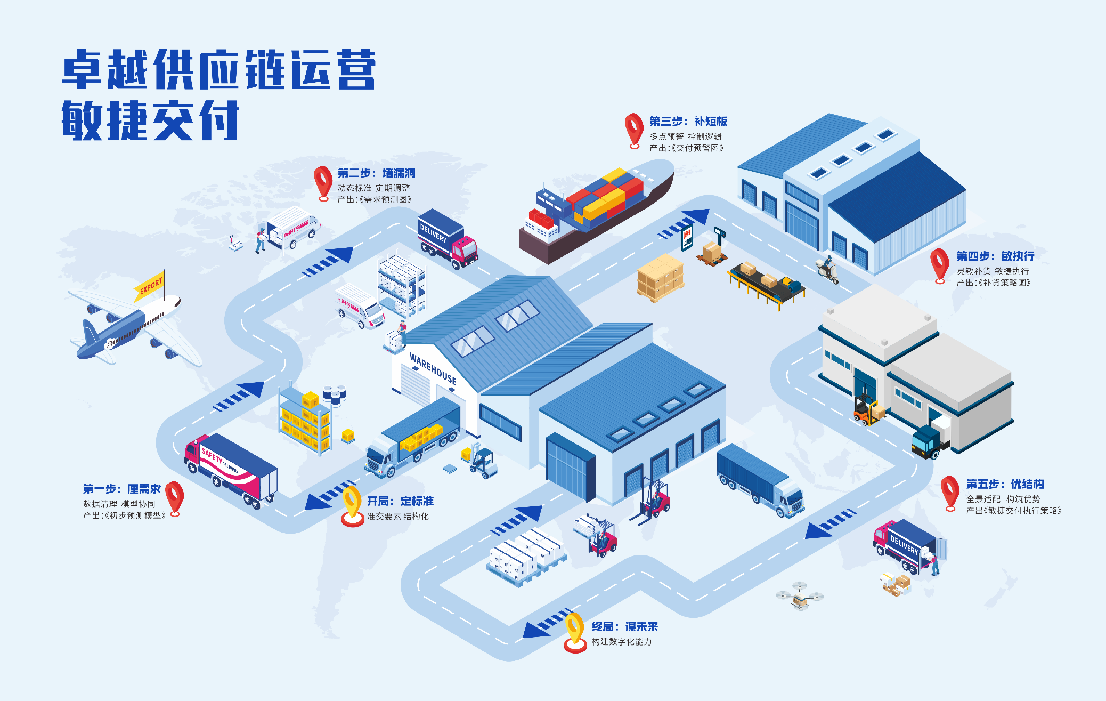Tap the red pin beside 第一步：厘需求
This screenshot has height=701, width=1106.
174,497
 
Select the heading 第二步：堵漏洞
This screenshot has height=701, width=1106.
376,173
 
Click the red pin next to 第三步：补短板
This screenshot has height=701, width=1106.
633,129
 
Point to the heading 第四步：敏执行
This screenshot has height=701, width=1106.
995,256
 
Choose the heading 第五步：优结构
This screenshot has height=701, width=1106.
1005,484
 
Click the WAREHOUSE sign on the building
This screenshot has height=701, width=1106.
433,368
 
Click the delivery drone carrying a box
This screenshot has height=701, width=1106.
800,596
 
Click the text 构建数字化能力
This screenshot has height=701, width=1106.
621,642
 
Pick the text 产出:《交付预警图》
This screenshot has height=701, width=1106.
686,148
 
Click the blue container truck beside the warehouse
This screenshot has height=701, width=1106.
759,480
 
